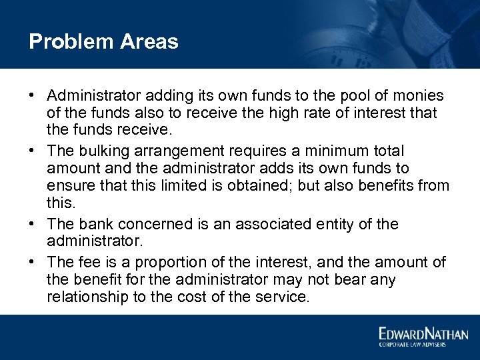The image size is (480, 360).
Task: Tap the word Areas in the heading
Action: click(x=149, y=42)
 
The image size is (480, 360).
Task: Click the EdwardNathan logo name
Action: click(x=423, y=333)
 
